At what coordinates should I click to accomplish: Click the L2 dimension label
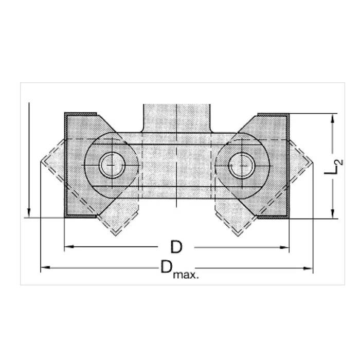point(333,167)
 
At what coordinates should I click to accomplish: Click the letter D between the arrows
point(176,247)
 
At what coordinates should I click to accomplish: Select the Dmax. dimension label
point(179,269)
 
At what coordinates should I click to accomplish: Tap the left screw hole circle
point(112,165)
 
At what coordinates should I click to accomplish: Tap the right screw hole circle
point(242,166)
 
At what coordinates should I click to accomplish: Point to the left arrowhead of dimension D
point(69,246)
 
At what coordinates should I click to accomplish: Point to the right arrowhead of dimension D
point(284,247)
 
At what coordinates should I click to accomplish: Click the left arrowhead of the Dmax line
point(45,267)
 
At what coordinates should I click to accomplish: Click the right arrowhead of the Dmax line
point(308,268)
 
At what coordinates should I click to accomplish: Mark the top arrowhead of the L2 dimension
point(332,119)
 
